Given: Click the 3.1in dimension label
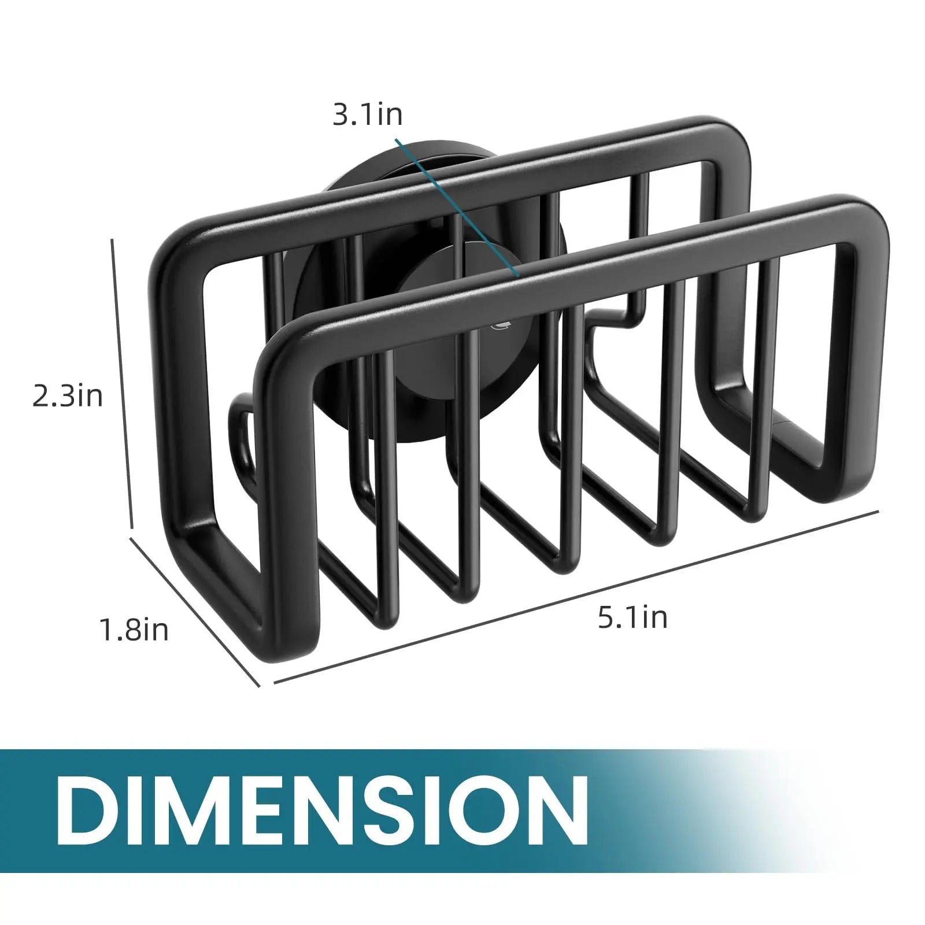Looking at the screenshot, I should point(367,114).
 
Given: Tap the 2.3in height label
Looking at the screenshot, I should point(68,397).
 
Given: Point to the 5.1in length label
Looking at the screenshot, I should point(632,617).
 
